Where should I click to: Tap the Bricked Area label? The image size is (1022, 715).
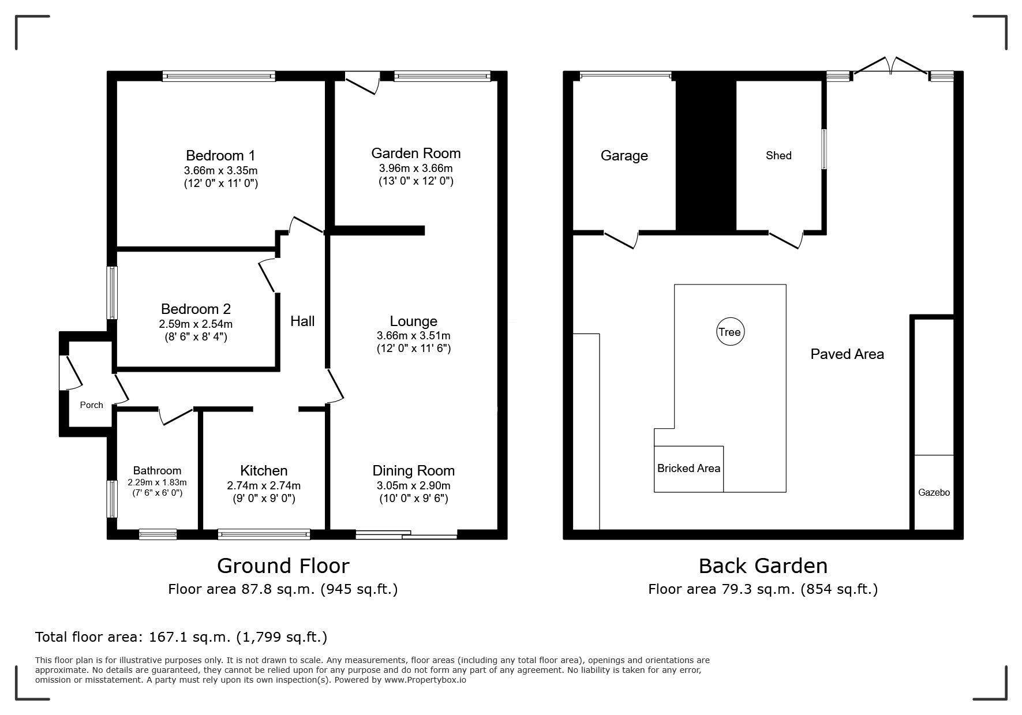tap(688, 468)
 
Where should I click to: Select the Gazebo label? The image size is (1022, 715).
tap(934, 493)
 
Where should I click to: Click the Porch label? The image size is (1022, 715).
tap(91, 405)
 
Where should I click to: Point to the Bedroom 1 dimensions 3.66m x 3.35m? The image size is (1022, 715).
tap(220, 171)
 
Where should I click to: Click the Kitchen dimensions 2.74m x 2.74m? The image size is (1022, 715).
tap(264, 486)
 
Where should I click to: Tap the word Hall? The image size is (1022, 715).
tap(302, 321)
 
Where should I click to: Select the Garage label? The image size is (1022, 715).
tap(624, 156)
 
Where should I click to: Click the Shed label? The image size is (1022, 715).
tap(778, 155)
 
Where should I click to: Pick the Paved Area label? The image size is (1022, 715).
tap(847, 354)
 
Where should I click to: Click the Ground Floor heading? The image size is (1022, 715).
tap(283, 566)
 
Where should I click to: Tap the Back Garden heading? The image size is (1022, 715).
tap(763, 566)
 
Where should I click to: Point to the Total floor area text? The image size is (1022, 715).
tap(181, 637)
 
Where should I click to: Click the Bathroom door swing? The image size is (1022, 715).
tap(175, 417)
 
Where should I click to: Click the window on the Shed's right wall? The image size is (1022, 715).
tap(824, 149)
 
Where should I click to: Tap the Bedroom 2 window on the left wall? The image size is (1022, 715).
tap(113, 293)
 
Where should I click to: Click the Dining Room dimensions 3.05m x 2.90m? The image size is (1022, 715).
tap(414, 486)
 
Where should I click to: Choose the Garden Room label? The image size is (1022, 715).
tap(415, 153)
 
